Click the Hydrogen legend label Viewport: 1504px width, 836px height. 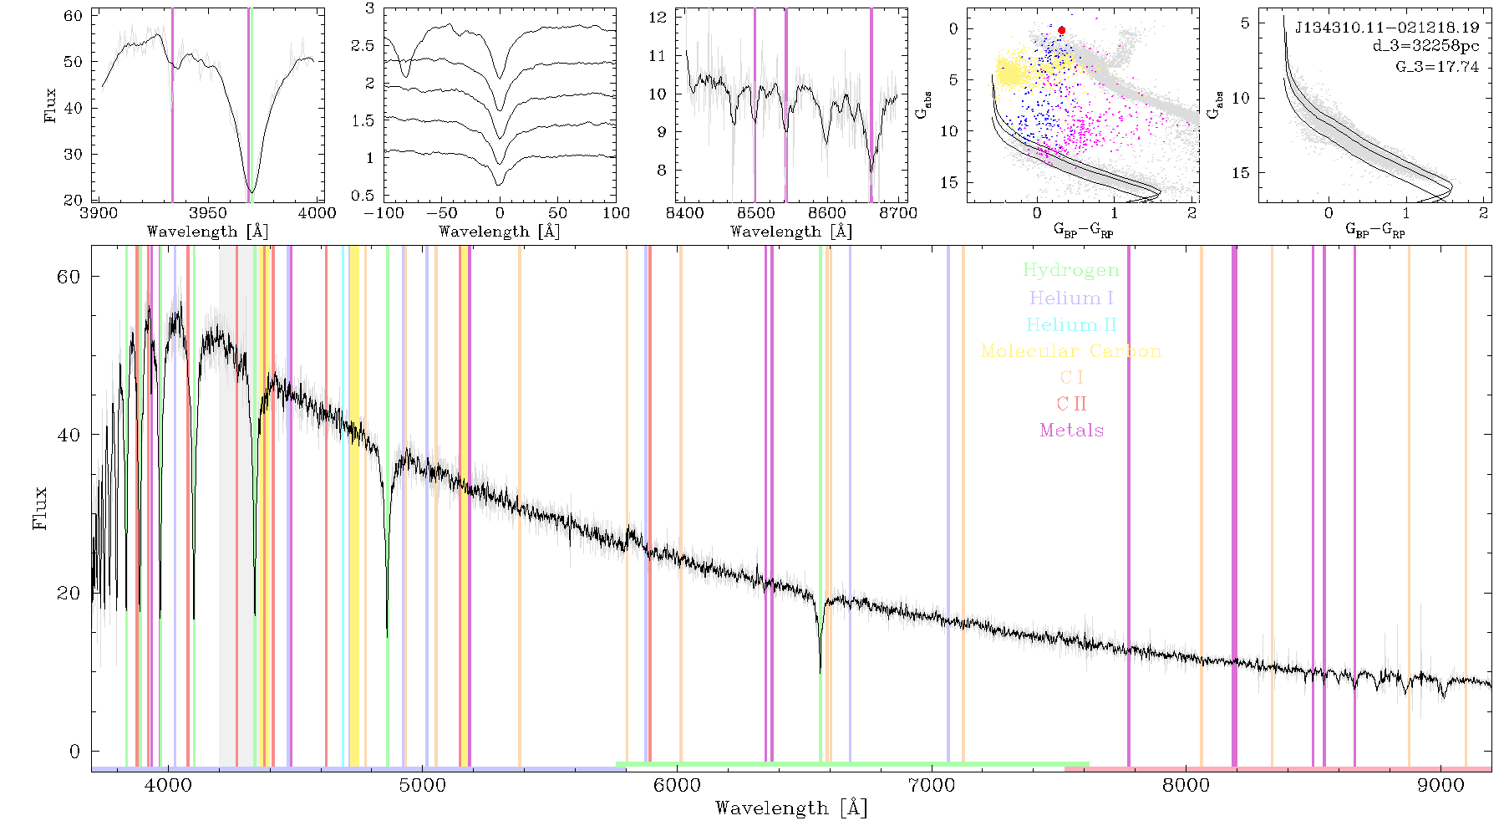click(x=1070, y=270)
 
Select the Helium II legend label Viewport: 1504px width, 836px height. click(x=1071, y=324)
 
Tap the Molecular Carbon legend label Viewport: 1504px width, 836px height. click(x=1071, y=351)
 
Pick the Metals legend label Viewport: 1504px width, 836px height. click(x=1072, y=431)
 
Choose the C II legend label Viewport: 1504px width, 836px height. click(x=1072, y=404)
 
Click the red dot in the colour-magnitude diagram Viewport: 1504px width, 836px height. click(x=1061, y=30)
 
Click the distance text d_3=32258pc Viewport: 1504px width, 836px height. click(x=1425, y=47)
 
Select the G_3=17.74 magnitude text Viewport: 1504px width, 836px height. click(x=1437, y=67)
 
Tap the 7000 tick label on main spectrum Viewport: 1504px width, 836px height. click(x=932, y=786)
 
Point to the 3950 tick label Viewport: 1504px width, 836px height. click(x=208, y=213)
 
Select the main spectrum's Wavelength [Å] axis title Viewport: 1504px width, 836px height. click(x=791, y=808)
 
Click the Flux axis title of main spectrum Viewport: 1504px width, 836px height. click(x=39, y=508)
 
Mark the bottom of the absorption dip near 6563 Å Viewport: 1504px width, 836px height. click(x=820, y=671)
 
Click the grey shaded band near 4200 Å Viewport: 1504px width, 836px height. click(x=227, y=506)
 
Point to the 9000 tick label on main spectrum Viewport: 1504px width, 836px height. click(x=1440, y=786)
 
